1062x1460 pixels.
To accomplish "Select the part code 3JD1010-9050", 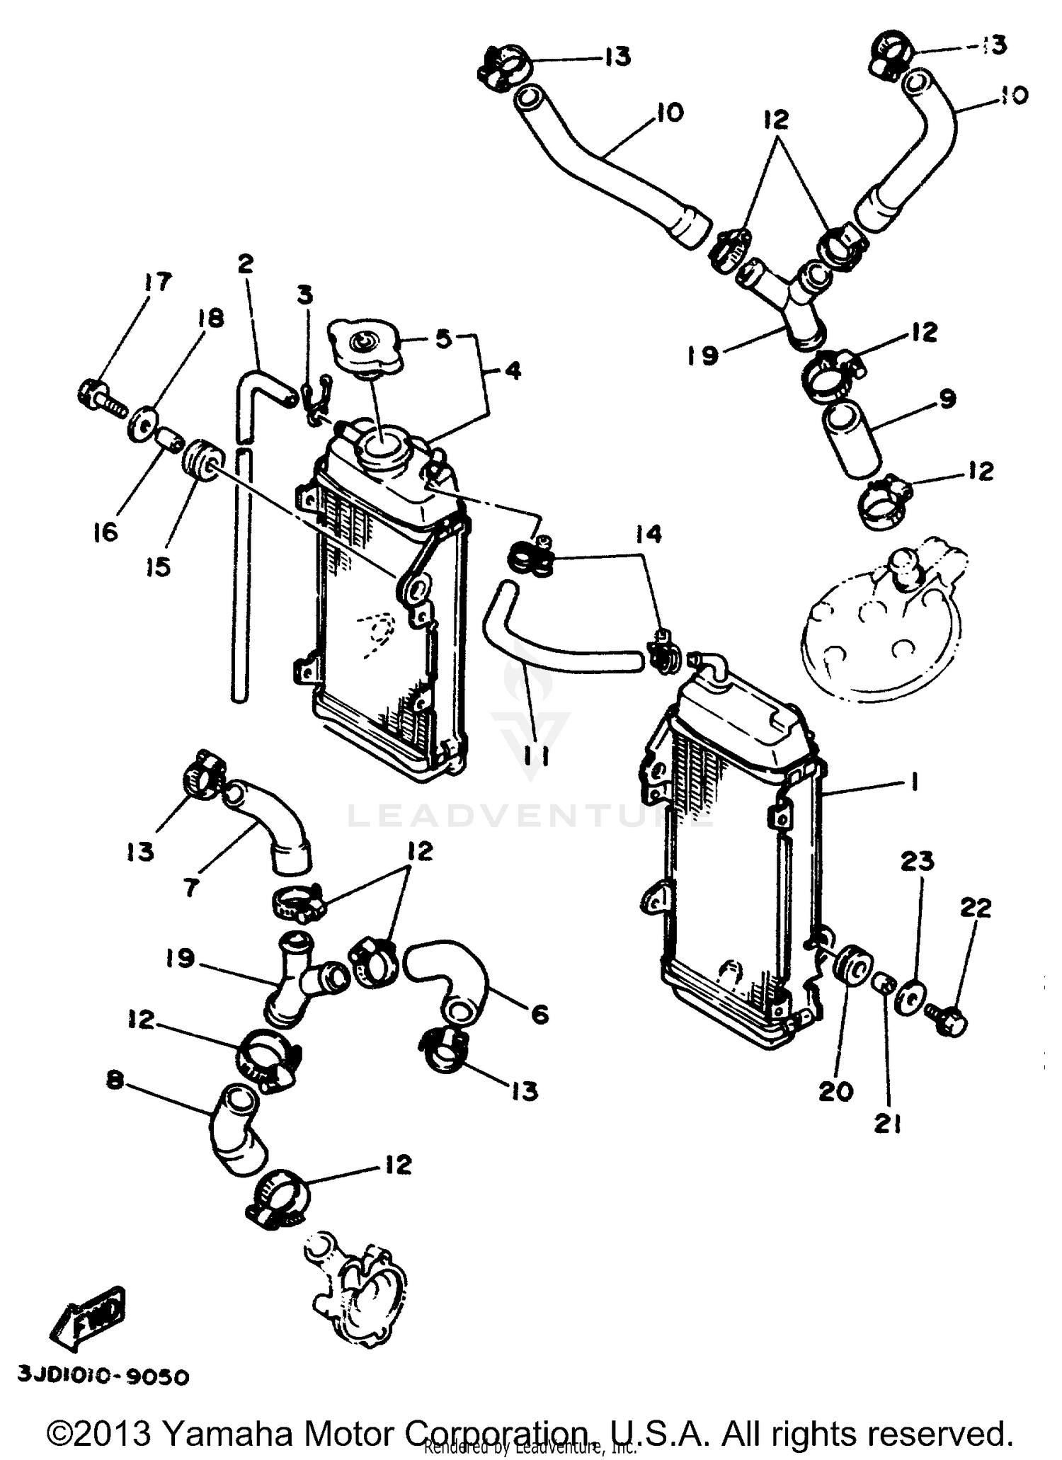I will point(103,1377).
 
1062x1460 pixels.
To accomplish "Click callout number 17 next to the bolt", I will point(157,283).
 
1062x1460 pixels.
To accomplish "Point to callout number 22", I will point(975,908).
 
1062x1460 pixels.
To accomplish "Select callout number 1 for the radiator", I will point(914,782).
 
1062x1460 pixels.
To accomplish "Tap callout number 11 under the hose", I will point(535,757).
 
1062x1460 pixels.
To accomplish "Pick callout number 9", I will point(947,399).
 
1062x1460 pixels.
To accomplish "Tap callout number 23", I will point(918,862).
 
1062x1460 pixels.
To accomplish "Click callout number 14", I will point(649,534).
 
